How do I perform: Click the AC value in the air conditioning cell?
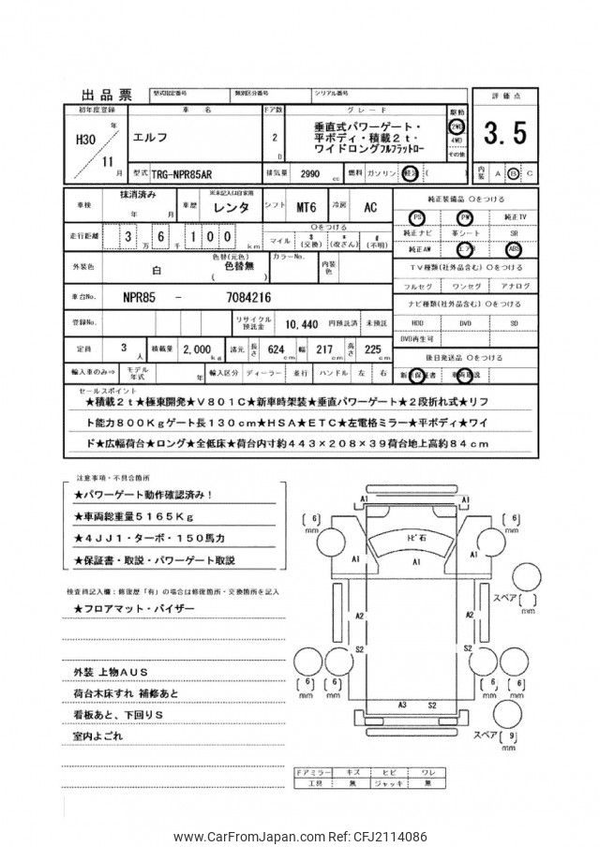pos(370,208)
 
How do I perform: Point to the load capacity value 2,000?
pos(198,349)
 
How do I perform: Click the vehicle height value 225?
pos(374,349)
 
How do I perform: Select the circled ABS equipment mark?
pos(513,250)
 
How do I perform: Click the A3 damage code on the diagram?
pos(402,704)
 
